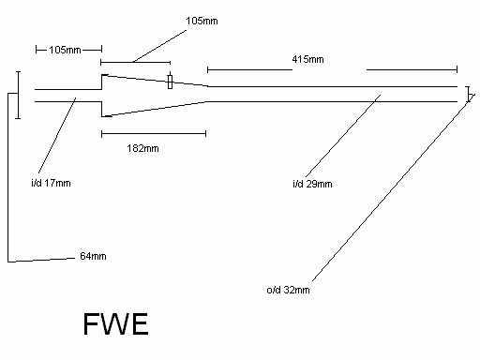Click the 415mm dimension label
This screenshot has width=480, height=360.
(x=307, y=59)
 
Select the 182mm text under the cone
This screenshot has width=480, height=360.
(x=142, y=148)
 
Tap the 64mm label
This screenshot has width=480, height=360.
(x=93, y=256)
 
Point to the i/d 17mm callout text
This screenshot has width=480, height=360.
(x=51, y=183)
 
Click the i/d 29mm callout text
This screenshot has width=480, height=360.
(x=312, y=184)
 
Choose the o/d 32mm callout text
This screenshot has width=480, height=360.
(x=288, y=290)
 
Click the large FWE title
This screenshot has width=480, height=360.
(x=115, y=324)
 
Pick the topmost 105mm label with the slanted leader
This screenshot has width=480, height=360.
(x=202, y=21)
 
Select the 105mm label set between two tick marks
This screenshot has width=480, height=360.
(x=65, y=50)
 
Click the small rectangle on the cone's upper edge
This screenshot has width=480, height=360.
(x=170, y=82)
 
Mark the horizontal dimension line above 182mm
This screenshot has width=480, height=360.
(x=154, y=134)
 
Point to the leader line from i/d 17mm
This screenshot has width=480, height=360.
(x=57, y=135)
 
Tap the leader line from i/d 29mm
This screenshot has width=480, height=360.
(x=343, y=136)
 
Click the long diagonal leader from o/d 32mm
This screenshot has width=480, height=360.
(x=394, y=187)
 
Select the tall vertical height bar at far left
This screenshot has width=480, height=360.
(x=18, y=95)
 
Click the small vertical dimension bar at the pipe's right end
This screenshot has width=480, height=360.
(x=468, y=94)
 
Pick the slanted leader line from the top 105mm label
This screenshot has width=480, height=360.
(x=159, y=46)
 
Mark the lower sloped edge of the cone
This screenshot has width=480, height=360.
(x=156, y=109)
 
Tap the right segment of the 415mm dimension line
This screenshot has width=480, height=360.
(x=412, y=69)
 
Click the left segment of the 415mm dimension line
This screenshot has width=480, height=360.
(x=249, y=69)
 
